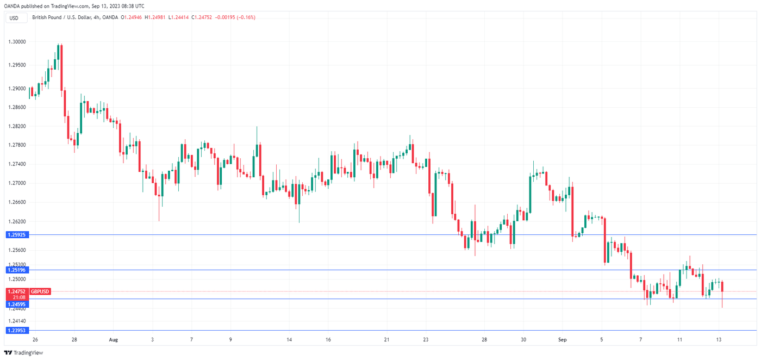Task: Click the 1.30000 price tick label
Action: [16, 42]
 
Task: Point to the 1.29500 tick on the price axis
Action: [16, 65]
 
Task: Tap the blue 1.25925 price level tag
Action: [16, 235]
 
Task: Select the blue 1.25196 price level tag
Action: [16, 270]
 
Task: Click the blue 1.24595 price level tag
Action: [16, 305]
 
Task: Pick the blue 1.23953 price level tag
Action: [16, 330]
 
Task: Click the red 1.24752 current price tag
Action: [16, 291]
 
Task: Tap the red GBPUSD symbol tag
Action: [40, 291]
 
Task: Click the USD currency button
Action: [14, 18]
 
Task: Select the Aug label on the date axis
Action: [113, 340]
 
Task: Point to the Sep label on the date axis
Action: [563, 340]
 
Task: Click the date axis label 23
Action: [426, 340]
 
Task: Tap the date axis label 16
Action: [328, 340]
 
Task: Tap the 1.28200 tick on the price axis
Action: [16, 126]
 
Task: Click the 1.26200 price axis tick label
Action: [16, 222]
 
